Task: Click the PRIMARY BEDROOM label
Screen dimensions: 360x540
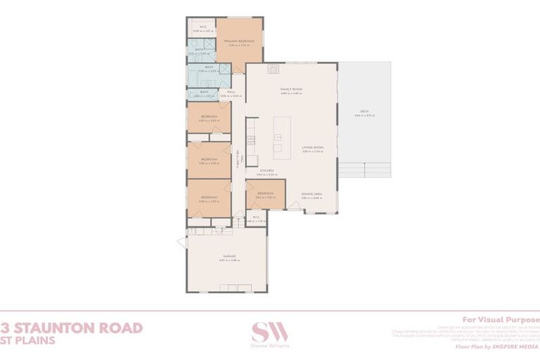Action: tap(238, 41)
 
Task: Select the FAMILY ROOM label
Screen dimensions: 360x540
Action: tap(291, 89)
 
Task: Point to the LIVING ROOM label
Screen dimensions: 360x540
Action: tap(312, 148)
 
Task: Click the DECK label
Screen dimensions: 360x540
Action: tap(364, 112)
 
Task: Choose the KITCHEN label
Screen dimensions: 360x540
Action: tap(266, 171)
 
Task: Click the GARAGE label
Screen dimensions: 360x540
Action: tap(229, 256)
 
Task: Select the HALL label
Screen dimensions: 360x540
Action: tap(231, 91)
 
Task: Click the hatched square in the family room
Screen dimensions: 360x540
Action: tap(273, 69)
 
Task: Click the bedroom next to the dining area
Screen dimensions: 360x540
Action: tap(265, 195)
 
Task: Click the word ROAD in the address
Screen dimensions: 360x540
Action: tap(127, 328)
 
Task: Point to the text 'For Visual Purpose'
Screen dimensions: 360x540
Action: tap(500, 318)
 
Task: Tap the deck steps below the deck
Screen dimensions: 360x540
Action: tap(366, 170)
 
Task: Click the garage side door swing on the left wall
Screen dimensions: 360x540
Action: tap(182, 242)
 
